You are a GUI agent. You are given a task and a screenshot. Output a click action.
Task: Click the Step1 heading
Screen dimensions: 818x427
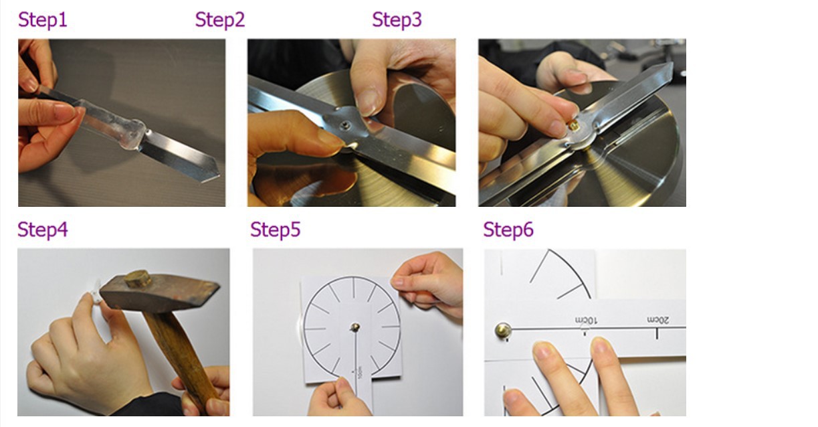[x=43, y=19]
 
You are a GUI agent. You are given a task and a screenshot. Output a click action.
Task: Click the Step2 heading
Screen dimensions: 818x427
[x=220, y=19]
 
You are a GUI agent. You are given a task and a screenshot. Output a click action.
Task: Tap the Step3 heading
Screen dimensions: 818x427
[x=397, y=19]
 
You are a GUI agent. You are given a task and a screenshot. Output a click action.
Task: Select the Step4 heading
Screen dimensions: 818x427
[x=43, y=230]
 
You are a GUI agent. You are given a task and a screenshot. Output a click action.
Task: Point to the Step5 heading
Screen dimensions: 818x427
[x=276, y=230]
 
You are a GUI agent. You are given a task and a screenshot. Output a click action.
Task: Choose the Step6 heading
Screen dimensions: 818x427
[x=508, y=230]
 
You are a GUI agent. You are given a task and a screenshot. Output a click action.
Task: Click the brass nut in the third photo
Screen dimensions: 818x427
[x=573, y=125]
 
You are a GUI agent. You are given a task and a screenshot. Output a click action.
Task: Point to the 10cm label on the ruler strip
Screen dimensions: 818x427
[x=586, y=321]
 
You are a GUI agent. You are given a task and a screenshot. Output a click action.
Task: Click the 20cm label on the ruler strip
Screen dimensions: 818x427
[x=658, y=320]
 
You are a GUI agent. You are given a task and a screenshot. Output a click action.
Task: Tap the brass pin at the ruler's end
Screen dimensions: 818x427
[x=503, y=330]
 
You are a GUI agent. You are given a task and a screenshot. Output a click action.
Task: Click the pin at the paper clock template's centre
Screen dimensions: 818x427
[x=355, y=327]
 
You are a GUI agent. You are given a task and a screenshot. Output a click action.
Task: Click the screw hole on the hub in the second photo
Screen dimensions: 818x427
[x=344, y=126]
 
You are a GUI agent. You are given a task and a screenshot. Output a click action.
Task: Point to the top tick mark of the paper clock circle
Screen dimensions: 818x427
[x=354, y=286]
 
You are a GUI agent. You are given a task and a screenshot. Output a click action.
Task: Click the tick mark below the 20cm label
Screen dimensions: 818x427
[x=657, y=334]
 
